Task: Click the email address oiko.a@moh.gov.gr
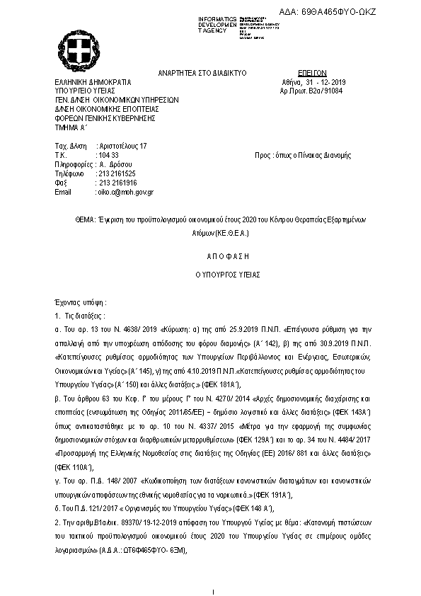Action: click(x=125, y=192)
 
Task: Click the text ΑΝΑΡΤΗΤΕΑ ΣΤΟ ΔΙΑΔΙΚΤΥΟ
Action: click(x=202, y=73)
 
